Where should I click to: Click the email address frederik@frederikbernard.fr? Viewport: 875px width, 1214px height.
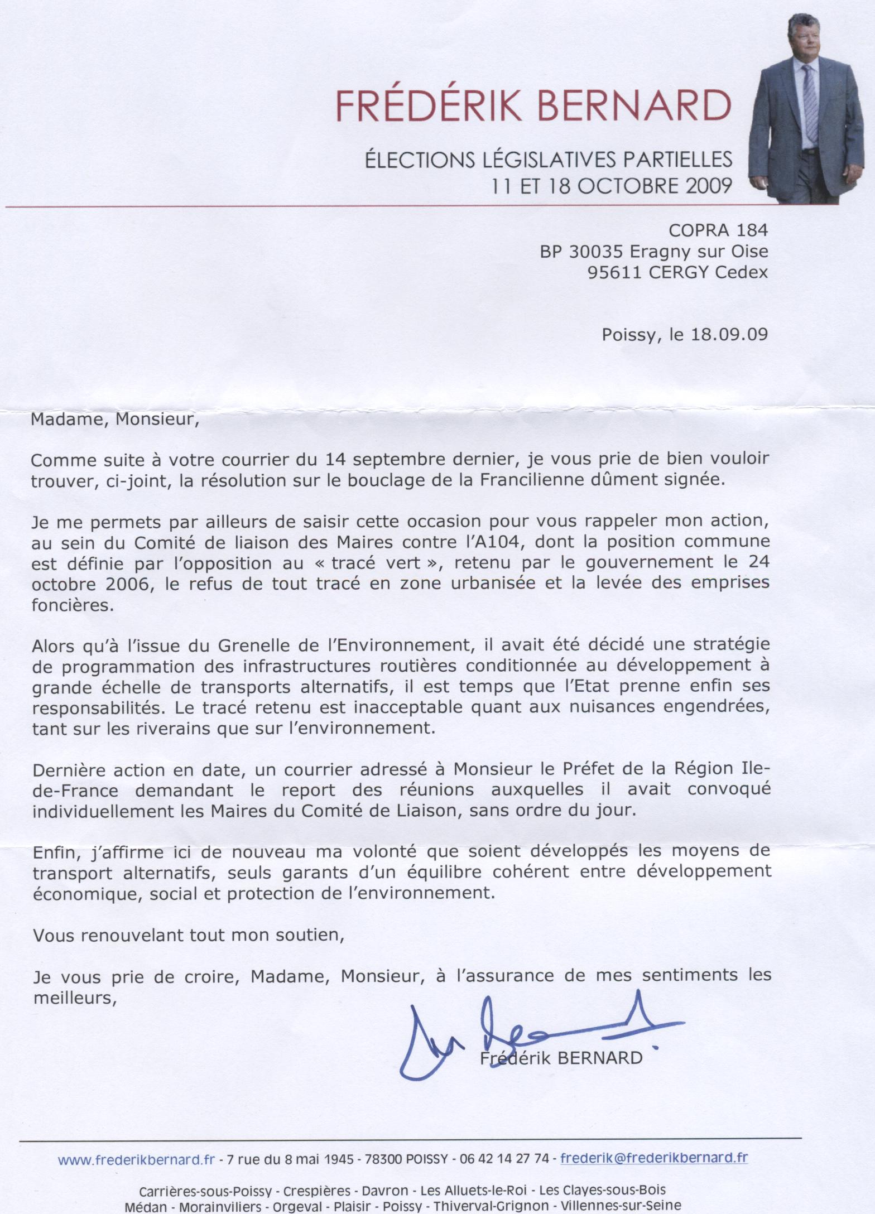pos(654,1142)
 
